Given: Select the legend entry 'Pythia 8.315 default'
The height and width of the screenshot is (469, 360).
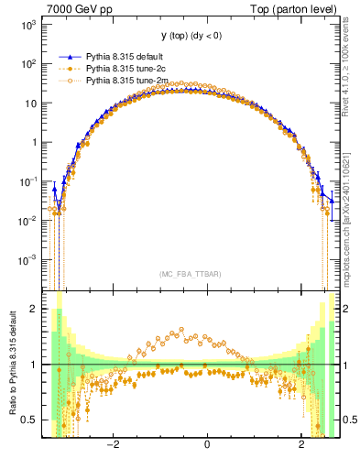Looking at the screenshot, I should tap(125, 57).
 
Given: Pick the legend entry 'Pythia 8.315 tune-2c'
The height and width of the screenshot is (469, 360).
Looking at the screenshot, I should tap(125, 69).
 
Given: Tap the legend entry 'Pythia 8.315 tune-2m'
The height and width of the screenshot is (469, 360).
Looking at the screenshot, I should tap(125, 81).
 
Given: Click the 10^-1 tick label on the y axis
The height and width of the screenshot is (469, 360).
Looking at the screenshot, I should tap(27, 181).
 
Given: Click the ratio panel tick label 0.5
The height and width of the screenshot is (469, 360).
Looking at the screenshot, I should tap(29, 420).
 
